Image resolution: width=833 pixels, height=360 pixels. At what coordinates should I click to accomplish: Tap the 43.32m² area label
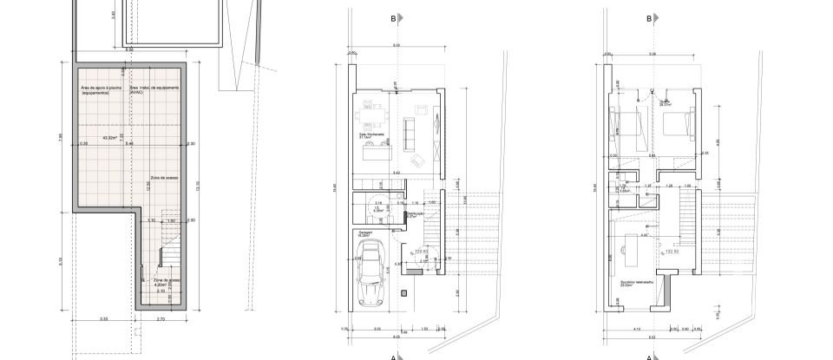[x=110, y=137]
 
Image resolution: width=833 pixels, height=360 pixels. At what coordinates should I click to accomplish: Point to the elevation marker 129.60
[x=423, y=252]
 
